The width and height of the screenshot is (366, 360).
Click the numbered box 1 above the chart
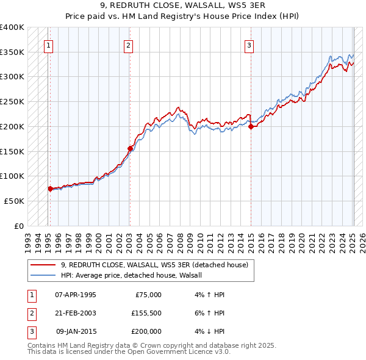click(x=48, y=45)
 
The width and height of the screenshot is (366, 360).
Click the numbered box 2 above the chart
click(x=128, y=45)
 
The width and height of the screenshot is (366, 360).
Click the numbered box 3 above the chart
click(x=249, y=45)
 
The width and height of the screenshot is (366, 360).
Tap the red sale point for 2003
click(x=130, y=148)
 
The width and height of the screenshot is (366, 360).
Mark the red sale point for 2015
click(x=251, y=126)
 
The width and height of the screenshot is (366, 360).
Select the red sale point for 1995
click(x=50, y=189)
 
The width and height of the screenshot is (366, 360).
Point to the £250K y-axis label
click(x=12, y=102)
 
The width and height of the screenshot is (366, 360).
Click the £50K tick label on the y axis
click(x=14, y=201)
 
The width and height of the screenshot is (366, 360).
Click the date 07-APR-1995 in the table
click(x=75, y=295)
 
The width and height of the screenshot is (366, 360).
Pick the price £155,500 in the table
click(x=146, y=313)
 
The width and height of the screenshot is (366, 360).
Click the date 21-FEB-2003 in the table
click(x=75, y=313)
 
